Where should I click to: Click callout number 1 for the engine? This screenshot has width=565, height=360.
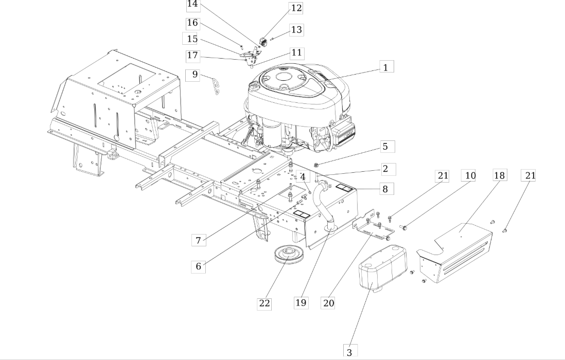386,67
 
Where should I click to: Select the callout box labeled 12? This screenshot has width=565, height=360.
296,8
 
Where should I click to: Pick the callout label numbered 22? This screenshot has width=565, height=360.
264,303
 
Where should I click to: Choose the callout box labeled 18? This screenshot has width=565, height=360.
500,175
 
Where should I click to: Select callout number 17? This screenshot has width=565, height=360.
193,56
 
